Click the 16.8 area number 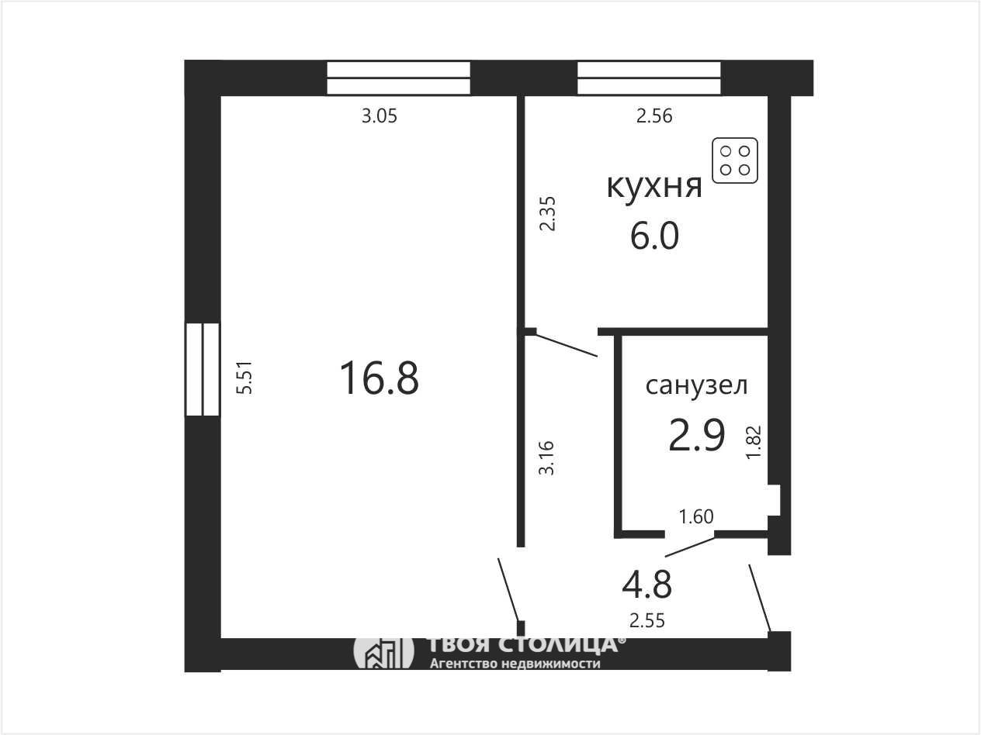(x=379, y=378)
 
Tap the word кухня (x=654, y=186)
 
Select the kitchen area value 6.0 (x=655, y=236)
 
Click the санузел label (x=696, y=385)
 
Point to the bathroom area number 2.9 (x=697, y=435)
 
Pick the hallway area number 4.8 (x=646, y=585)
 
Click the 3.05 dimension (x=379, y=116)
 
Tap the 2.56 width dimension (x=654, y=116)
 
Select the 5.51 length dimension (x=245, y=378)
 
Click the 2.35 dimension (x=547, y=213)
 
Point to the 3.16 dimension (x=546, y=458)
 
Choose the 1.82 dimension (x=754, y=442)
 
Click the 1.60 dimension (x=696, y=517)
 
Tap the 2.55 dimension (x=647, y=621)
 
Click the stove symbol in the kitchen (x=735, y=160)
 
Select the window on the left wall (x=203, y=370)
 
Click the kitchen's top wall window (x=649, y=78)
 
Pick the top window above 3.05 (x=399, y=78)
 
